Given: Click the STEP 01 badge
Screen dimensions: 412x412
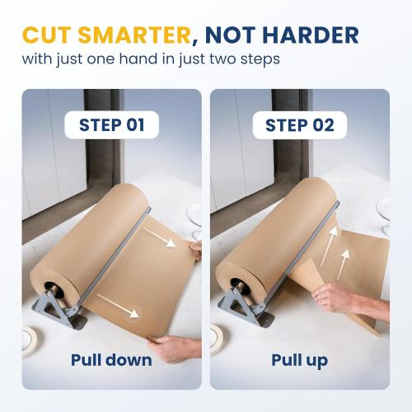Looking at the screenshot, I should pos(111,125).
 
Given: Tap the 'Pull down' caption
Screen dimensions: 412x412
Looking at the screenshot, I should pos(111,360).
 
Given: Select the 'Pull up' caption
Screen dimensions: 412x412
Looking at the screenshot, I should pos(299,360).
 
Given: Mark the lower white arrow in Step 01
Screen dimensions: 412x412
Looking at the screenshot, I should pos(118,304).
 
